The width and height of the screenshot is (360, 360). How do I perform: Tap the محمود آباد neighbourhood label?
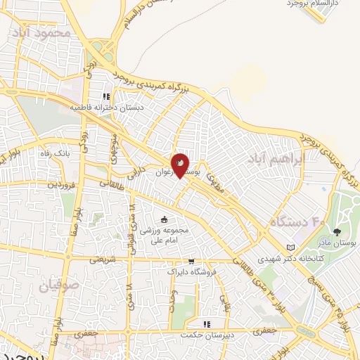(41, 33)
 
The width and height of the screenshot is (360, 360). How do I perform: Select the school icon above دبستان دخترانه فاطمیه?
(106, 97)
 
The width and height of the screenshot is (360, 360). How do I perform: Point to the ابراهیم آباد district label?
(276, 160)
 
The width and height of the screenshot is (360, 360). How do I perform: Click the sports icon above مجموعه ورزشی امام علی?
(164, 219)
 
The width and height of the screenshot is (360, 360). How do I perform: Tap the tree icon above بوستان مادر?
(337, 231)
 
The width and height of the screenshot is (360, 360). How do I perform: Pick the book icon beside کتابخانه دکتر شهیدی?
(291, 247)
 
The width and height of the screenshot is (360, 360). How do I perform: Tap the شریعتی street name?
(101, 259)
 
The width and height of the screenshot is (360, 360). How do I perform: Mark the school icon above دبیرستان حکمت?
(207, 324)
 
